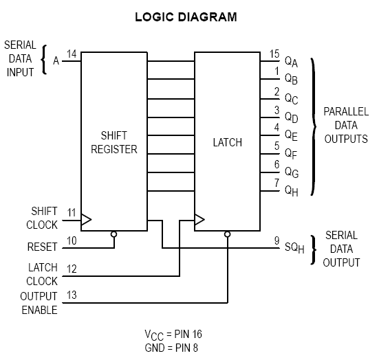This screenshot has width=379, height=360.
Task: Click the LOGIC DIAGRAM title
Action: [x=186, y=17]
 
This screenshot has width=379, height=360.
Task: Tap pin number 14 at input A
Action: [x=72, y=54]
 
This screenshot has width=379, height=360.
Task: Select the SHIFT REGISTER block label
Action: [x=114, y=142]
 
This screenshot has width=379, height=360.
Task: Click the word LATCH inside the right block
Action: [x=228, y=142]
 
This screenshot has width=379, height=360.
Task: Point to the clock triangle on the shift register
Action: [x=86, y=219]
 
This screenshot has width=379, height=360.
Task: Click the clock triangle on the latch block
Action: [x=199, y=219]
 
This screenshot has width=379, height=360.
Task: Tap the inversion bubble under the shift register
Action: [x=114, y=234]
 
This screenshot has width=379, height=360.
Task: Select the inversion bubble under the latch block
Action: [x=227, y=234]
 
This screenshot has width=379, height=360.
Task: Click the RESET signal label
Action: [x=42, y=247]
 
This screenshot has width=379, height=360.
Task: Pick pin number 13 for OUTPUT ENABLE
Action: [x=72, y=295]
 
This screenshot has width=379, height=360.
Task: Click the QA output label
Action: [x=291, y=62]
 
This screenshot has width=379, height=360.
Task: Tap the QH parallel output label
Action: [x=292, y=191]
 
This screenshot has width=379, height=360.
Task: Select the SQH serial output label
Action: [x=294, y=248]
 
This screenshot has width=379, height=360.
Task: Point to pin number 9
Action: [x=277, y=240]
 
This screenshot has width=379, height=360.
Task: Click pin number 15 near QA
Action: [x=274, y=54]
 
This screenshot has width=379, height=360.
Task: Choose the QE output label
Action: [x=291, y=135]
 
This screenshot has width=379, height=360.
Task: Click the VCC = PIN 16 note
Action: [x=173, y=335]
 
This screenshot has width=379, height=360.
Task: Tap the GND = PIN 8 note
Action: [x=171, y=348]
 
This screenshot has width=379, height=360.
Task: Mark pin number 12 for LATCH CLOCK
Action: [x=72, y=269]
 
